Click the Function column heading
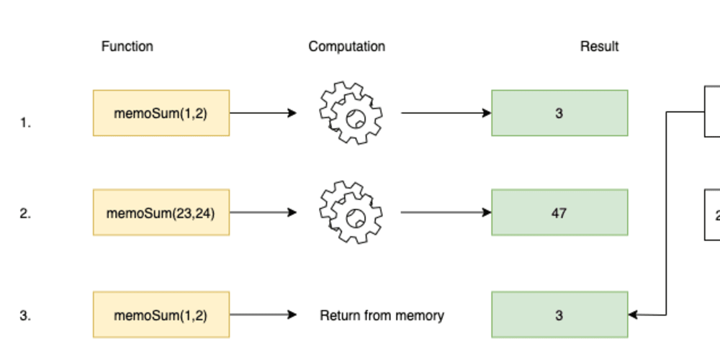pos(127,46)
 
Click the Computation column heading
pos(346,46)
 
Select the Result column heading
pos(599,46)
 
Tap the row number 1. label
pos(25,123)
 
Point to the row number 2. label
pos(25,214)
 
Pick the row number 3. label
pos(25,315)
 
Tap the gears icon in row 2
pos(350,212)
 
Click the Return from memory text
pos(382,315)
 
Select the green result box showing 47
pos(559,212)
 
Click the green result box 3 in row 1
pos(559,113)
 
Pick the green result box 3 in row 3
pos(559,315)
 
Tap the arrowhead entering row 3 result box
pos(634,315)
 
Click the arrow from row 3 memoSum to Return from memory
pos(263,315)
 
